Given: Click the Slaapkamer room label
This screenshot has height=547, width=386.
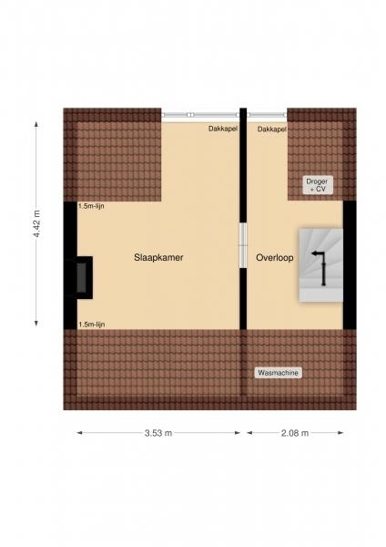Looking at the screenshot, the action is click(158, 258).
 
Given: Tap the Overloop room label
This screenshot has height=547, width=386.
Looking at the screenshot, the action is click(275, 258).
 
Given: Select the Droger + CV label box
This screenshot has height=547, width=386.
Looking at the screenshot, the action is click(317, 185).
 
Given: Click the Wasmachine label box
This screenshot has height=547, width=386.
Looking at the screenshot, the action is click(278, 373).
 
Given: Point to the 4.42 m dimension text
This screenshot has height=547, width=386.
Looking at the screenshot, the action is click(36, 223).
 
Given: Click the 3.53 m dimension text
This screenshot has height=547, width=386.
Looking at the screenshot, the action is click(158, 433).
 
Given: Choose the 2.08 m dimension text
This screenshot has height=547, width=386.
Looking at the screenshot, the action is click(295, 433).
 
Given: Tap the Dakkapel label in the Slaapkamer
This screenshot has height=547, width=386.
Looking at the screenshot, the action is click(223, 129).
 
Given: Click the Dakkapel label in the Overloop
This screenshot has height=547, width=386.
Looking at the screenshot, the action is click(271, 129).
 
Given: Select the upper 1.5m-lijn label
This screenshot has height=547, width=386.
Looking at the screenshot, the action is click(91, 206).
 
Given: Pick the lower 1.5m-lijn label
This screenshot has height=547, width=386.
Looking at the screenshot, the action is click(91, 325).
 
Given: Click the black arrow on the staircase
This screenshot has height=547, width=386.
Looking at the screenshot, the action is click(319, 267).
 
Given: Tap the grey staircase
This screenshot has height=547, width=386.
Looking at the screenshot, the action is click(321, 265).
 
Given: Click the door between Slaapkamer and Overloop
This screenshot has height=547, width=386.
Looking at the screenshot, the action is click(243, 245).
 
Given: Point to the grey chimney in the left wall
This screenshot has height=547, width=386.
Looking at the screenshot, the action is click(81, 278).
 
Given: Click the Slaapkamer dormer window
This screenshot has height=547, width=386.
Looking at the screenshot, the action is click(200, 115).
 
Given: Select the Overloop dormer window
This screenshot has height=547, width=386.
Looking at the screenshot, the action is click(267, 115).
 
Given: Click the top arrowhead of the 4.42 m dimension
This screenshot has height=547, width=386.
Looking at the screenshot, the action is click(36, 123).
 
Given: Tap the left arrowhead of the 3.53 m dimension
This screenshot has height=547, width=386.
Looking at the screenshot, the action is click(79, 433).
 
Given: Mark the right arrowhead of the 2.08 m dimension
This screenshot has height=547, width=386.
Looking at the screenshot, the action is click(340, 433).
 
